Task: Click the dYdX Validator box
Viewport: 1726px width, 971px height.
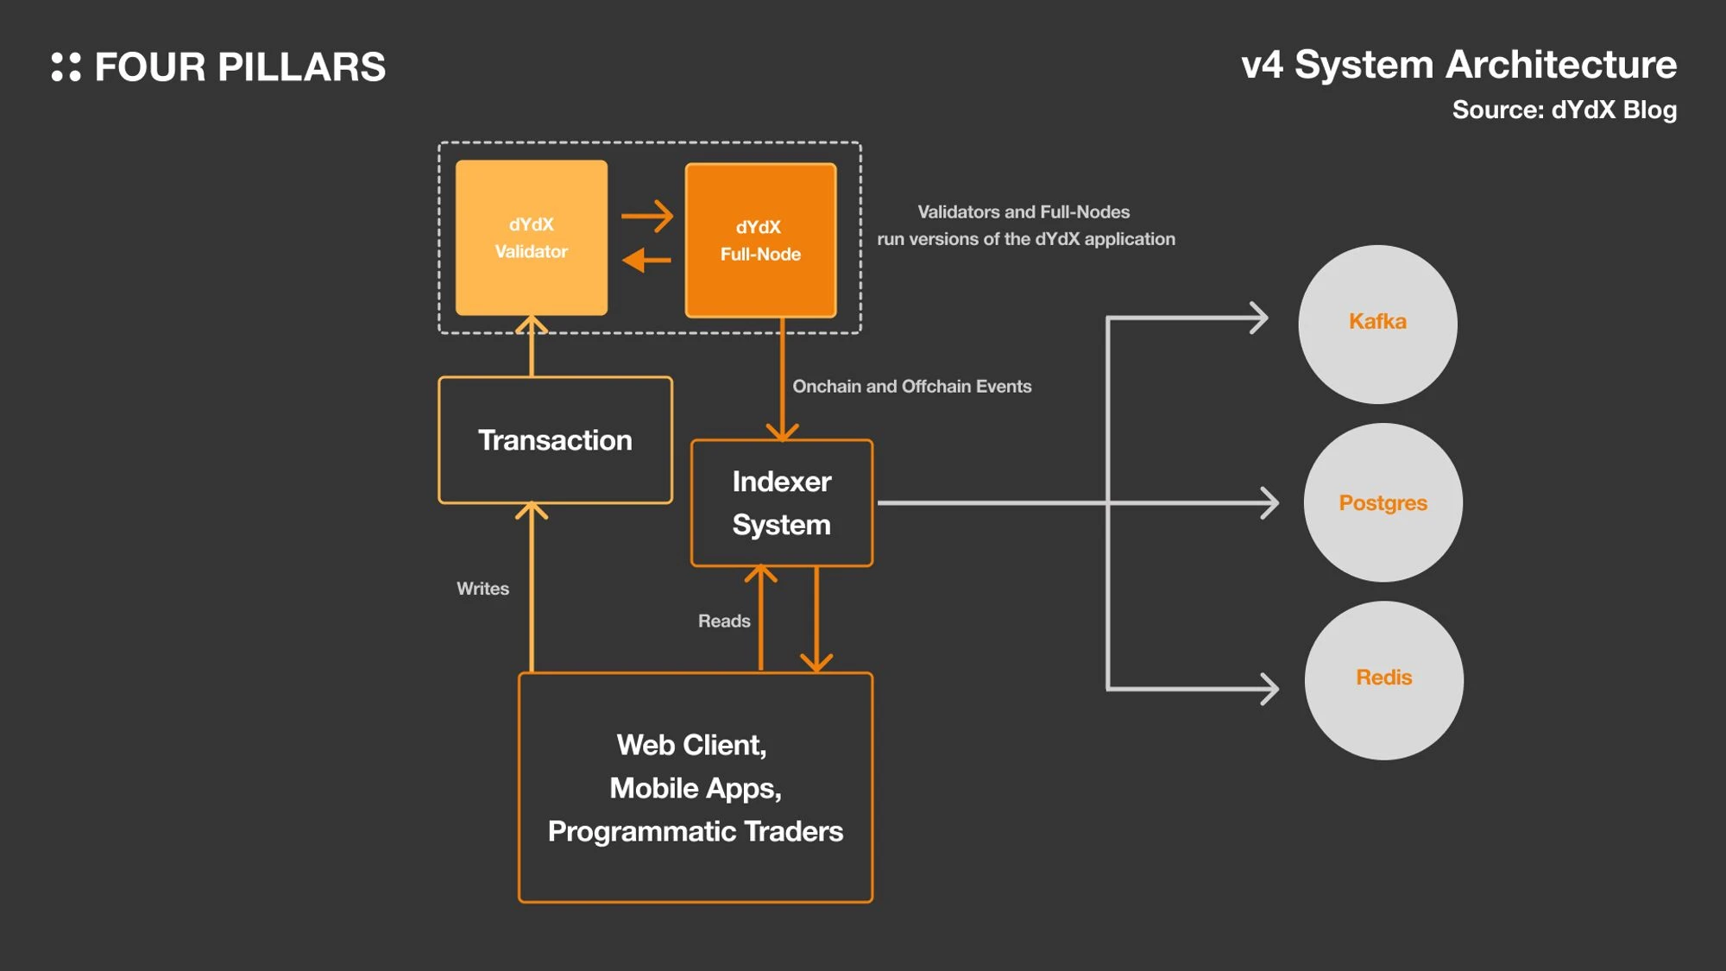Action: point(531,237)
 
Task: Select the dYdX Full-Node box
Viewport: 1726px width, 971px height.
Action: point(760,241)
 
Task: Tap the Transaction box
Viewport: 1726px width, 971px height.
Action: point(555,440)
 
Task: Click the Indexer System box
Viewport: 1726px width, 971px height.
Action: point(782,503)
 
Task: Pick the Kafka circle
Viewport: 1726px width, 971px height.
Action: point(1377,324)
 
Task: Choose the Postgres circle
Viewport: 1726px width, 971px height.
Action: point(1383,502)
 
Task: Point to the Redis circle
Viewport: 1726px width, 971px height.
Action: point(1383,680)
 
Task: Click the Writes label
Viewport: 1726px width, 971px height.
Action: point(482,589)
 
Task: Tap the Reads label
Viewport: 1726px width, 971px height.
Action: point(724,621)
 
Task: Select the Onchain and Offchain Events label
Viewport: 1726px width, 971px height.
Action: point(911,387)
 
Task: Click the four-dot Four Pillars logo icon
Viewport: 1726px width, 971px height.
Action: point(66,67)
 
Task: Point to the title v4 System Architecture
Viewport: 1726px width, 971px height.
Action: point(1458,65)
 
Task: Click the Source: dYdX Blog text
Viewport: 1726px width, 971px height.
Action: point(1564,110)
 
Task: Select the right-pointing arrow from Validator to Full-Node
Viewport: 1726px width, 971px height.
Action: point(647,216)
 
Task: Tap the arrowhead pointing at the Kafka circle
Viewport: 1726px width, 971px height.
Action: point(1261,318)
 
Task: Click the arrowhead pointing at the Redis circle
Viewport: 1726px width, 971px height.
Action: point(1270,689)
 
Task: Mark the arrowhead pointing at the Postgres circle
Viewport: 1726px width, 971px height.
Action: point(1270,503)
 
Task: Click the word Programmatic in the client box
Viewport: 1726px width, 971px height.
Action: point(642,831)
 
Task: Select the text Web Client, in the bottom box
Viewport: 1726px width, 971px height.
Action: point(691,745)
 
